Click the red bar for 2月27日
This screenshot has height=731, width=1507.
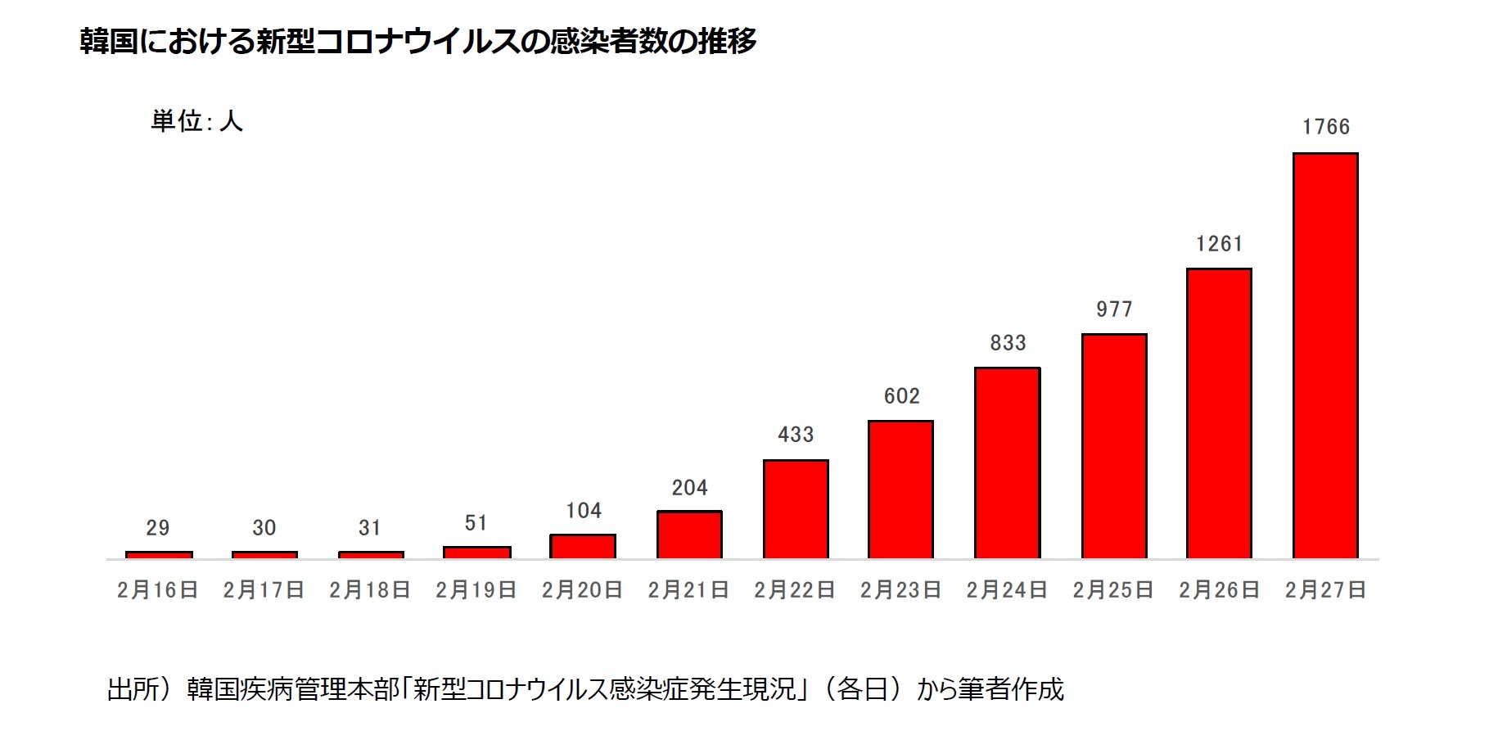click(1325, 356)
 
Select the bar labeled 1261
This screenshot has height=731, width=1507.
click(1219, 413)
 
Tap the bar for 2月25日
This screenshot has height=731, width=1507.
click(1113, 446)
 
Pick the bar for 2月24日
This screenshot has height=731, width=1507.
click(1007, 463)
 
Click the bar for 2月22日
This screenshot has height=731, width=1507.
click(796, 509)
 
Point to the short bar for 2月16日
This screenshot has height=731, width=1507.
click(159, 555)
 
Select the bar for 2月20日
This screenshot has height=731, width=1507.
click(583, 546)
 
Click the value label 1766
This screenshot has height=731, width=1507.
click(1326, 127)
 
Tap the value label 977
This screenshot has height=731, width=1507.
click(1114, 309)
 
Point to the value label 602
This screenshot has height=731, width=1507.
click(902, 396)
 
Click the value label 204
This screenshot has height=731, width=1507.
click(689, 488)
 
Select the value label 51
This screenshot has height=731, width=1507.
click(476, 523)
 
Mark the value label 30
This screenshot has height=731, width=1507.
click(264, 528)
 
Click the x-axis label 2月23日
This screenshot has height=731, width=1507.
click(900, 590)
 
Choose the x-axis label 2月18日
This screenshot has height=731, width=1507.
click(370, 590)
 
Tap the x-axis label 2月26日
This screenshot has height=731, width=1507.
click(1219, 590)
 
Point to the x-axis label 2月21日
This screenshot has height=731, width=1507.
click(688, 590)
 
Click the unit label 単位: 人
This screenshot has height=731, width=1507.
click(196, 121)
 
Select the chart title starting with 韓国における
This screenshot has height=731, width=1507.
click(417, 41)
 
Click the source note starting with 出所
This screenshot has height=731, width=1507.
click(585, 689)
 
